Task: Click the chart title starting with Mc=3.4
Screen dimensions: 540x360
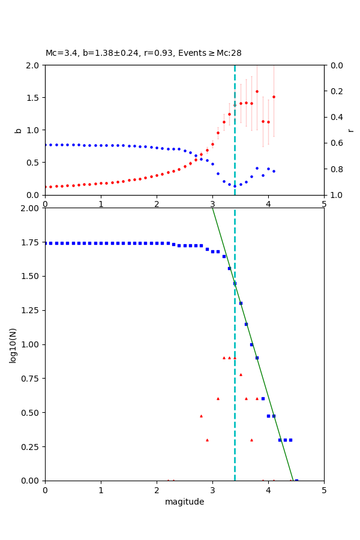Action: tap(143, 53)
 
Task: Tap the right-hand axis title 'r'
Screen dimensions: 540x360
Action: tap(350, 130)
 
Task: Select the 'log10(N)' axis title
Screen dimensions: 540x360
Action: tap(13, 344)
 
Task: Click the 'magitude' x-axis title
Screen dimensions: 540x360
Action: tap(184, 502)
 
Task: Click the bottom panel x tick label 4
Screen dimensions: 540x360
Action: tap(268, 490)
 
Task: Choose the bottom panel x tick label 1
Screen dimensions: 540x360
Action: tap(101, 490)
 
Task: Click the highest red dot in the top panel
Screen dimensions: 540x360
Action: tap(257, 92)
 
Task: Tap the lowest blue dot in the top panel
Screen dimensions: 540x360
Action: tap(235, 186)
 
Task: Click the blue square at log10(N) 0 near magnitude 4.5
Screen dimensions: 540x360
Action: tap(296, 481)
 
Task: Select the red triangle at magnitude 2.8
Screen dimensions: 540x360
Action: tap(201, 416)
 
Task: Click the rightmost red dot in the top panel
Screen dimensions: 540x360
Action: tap(274, 97)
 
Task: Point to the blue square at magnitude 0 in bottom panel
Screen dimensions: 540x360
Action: tap(45, 243)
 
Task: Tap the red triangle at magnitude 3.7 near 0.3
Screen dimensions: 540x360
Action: tap(251, 440)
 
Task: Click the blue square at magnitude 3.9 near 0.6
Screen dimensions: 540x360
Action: tap(263, 398)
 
